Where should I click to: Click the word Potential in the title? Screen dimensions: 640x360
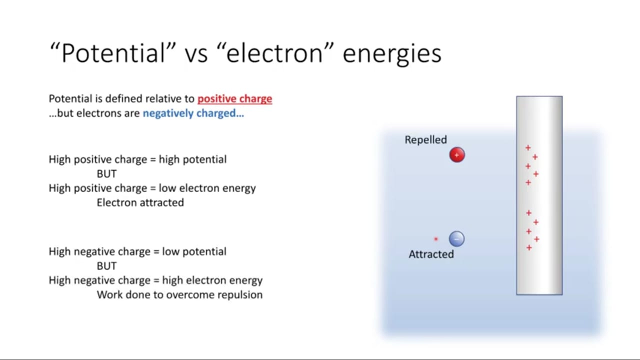coord(113,53)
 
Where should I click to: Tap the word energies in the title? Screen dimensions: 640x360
coord(392,55)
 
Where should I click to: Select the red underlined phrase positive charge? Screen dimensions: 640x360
coord(235,99)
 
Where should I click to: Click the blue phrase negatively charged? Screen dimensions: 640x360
coord(193,113)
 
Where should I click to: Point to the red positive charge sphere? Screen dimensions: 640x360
coord(457,155)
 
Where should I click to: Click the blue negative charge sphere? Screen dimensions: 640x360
coord(456,239)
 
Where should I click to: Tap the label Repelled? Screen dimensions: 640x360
coord(425,139)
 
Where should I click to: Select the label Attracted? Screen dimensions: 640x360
coord(431,254)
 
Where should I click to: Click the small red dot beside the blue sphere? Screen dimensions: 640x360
coord(436,239)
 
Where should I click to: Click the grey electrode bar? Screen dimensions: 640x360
coord(539,195)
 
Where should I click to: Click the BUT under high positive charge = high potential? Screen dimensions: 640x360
coord(106,173)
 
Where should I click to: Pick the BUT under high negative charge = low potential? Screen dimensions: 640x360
coord(106,266)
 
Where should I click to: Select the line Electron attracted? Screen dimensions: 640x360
coord(140,202)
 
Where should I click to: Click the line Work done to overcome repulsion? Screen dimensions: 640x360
coord(179,294)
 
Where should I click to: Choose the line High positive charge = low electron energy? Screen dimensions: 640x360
coord(152,188)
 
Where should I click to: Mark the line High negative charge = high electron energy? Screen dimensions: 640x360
coord(155,280)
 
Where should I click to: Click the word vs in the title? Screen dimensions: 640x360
coord(196,55)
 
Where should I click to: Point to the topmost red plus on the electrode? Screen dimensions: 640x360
coord(528,147)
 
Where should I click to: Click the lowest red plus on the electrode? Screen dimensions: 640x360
coord(529,247)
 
